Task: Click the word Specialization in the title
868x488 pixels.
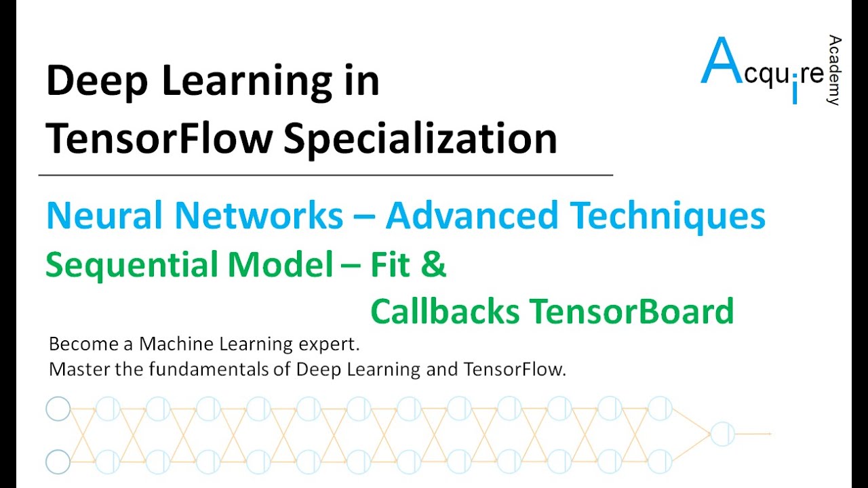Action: tap(420, 139)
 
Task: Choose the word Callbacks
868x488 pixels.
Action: tap(445, 312)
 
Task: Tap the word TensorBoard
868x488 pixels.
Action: tap(631, 312)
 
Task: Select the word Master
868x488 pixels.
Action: tap(74, 370)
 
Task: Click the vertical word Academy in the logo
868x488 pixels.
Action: tap(834, 70)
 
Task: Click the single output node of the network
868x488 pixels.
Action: tap(722, 434)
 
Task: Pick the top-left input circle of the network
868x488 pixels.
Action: tap(58, 409)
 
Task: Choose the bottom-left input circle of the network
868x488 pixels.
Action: tap(58, 462)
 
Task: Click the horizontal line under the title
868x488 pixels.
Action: tap(325, 176)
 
